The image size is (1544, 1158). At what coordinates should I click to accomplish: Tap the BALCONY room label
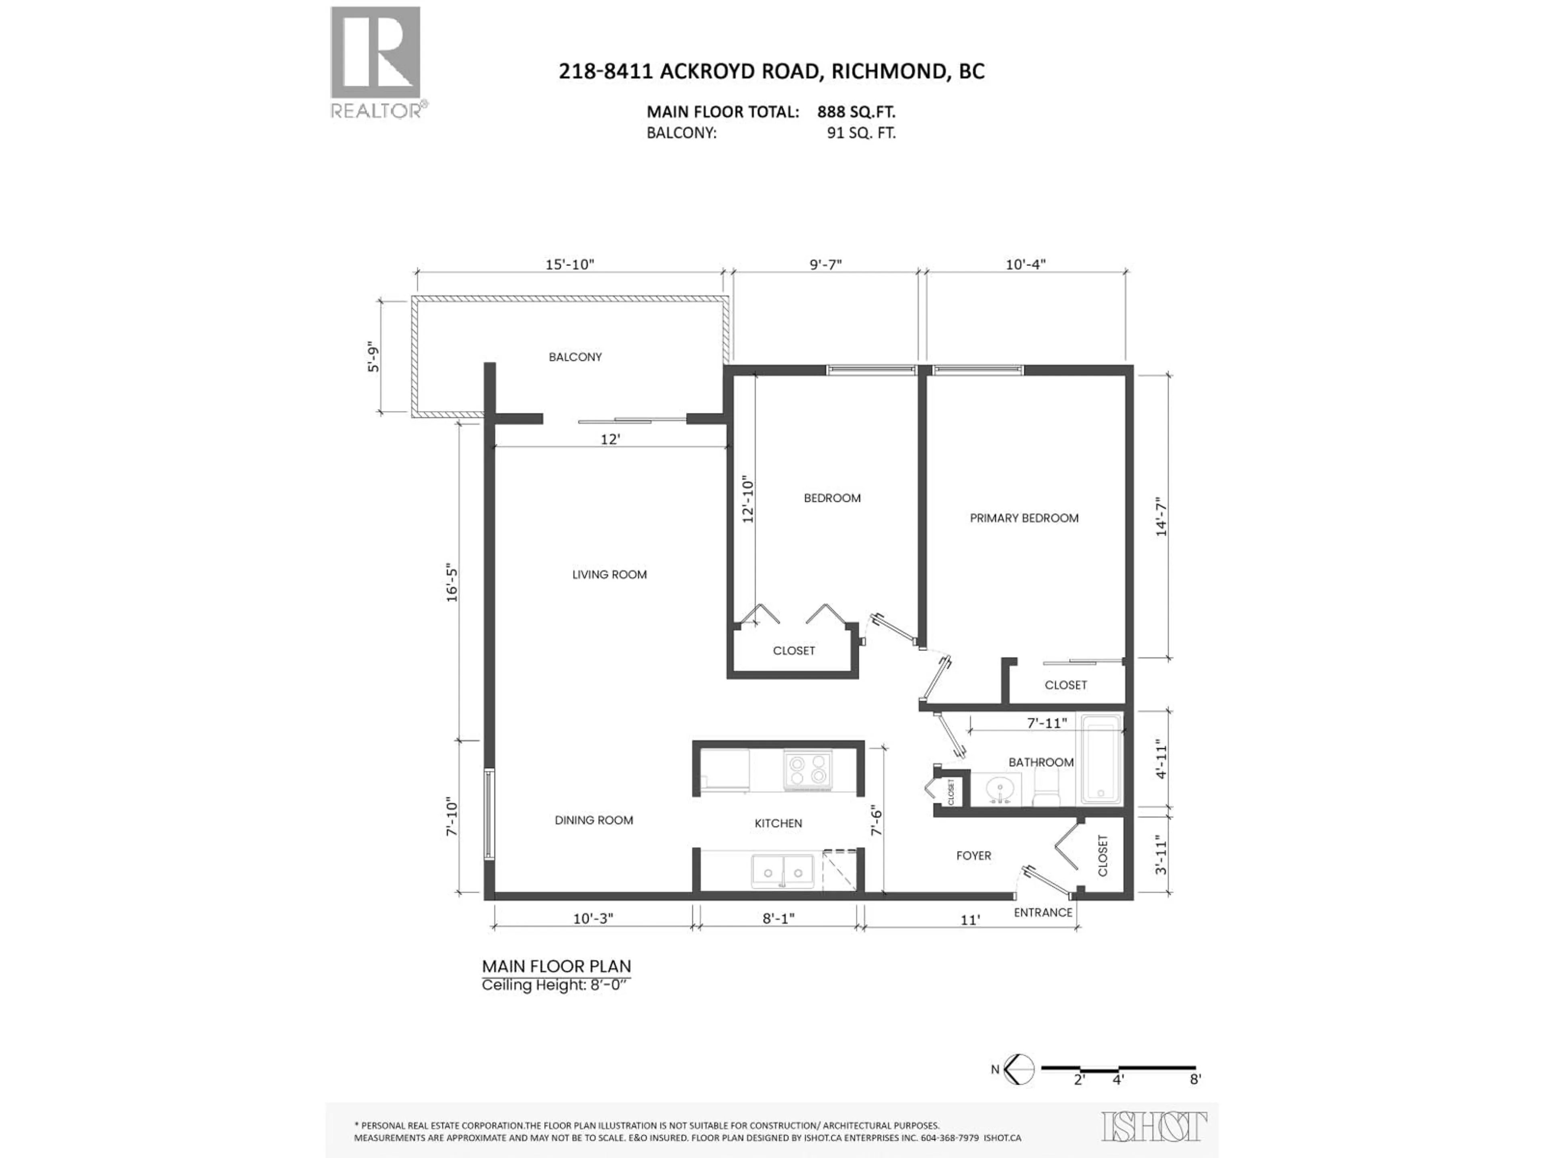click(x=575, y=357)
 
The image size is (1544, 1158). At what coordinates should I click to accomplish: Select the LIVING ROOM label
click(x=609, y=575)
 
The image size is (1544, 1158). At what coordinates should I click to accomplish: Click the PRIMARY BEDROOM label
click(x=1023, y=518)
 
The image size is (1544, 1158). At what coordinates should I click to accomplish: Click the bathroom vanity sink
click(x=1000, y=789)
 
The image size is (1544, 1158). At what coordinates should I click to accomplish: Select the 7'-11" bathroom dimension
click(x=1046, y=723)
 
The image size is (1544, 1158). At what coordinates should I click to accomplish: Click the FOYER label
click(x=973, y=856)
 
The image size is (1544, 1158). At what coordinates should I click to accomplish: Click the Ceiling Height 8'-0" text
click(x=556, y=985)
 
